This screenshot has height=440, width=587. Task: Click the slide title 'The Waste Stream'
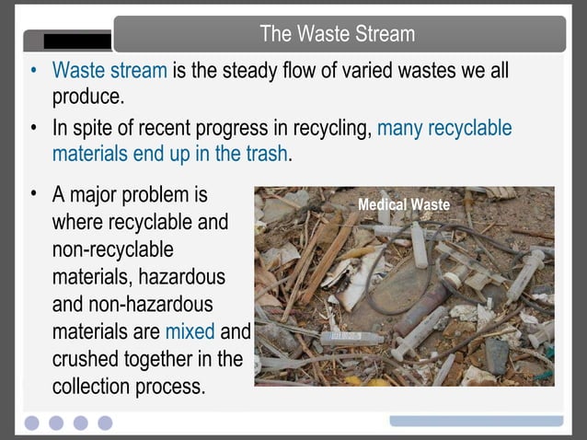(337, 34)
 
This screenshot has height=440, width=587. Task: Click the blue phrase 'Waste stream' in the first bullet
(109, 71)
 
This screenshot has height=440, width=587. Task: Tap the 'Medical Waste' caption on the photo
(403, 204)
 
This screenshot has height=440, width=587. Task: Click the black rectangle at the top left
(77, 41)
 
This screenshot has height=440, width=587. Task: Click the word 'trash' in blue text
(264, 154)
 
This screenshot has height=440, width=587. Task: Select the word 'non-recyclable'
(112, 250)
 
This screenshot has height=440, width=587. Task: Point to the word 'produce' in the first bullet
(86, 97)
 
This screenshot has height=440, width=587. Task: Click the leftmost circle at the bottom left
(33, 423)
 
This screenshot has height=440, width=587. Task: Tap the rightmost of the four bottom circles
(105, 423)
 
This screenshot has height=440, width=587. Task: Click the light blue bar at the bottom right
(476, 420)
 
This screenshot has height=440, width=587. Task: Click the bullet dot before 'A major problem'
(34, 194)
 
